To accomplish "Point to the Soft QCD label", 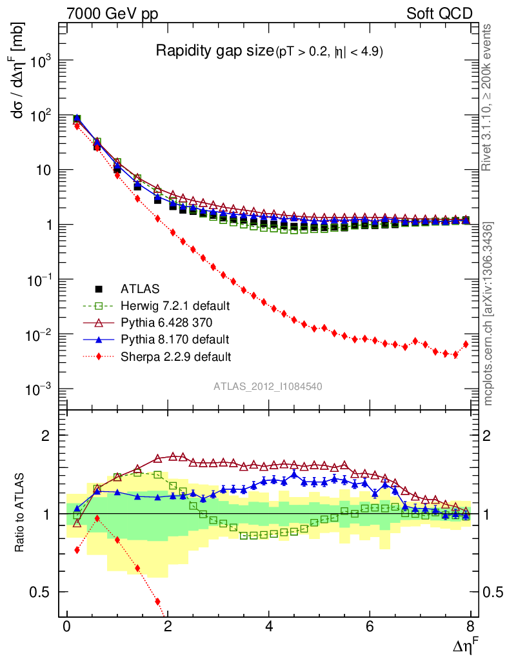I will coord(439,13).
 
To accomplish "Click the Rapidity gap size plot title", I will coord(215,52).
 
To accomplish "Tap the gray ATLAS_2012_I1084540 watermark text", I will coord(268,386).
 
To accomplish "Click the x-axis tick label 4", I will coord(269,627).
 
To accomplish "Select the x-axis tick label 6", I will coord(370,627).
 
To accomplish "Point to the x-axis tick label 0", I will coord(66,627).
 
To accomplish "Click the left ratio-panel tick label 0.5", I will coord(44,592).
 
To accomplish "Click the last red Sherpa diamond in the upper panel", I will coord(466,344).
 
